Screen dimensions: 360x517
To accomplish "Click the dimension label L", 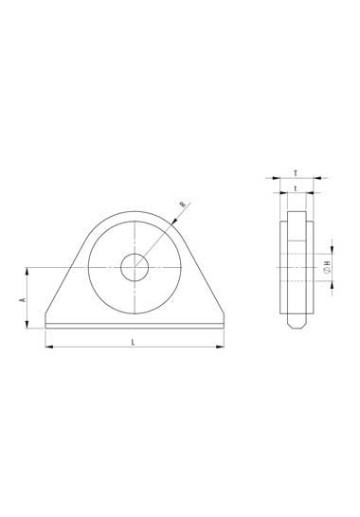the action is (x=133, y=342).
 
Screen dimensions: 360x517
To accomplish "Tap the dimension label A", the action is (x=23, y=299).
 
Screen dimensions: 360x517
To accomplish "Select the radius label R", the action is (x=183, y=205).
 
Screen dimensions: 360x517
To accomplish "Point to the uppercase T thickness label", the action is (x=296, y=172).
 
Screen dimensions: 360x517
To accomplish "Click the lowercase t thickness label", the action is (x=296, y=188).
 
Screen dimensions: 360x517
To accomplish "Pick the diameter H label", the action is (x=327, y=267).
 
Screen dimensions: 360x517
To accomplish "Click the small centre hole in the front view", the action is (x=135, y=267).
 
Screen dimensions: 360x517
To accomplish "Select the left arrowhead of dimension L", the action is (x=49, y=347).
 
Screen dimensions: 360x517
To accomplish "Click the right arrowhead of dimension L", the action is (x=220, y=347).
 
